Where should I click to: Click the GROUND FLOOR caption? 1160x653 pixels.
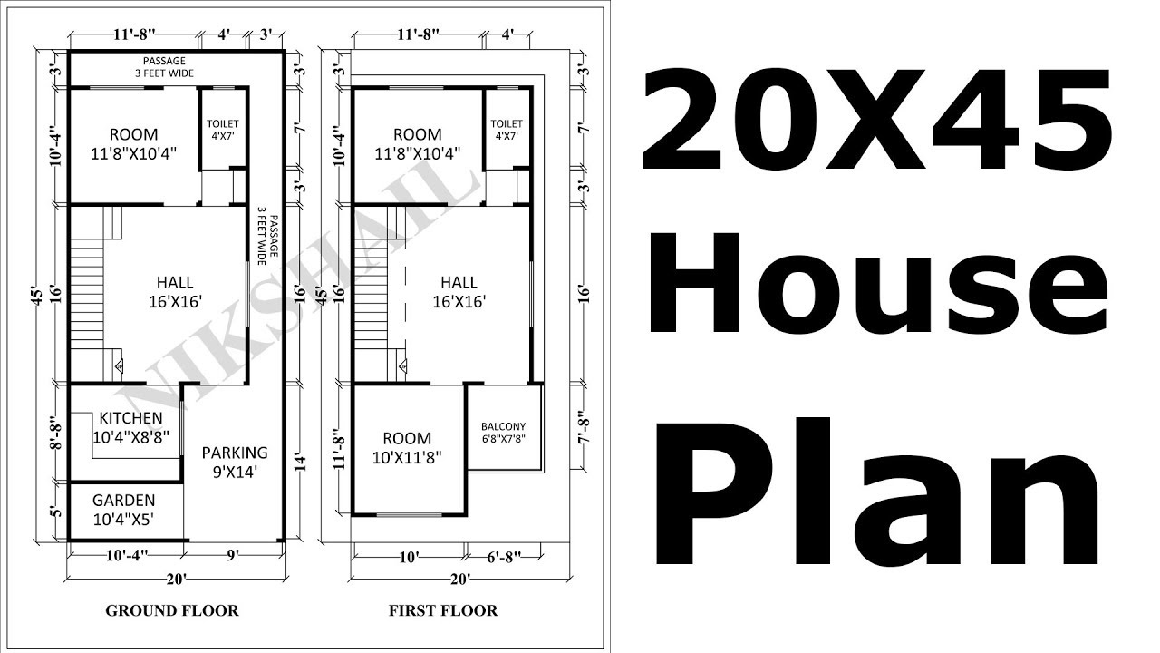point(172,610)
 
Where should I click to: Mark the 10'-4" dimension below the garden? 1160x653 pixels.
point(126,554)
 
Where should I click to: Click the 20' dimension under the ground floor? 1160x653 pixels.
point(175,579)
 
